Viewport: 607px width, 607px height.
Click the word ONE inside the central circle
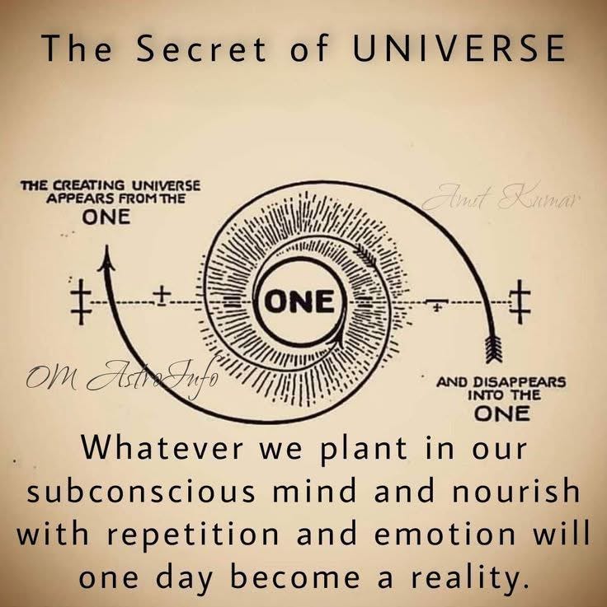[299, 302]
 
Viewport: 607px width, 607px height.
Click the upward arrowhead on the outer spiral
[106, 261]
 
